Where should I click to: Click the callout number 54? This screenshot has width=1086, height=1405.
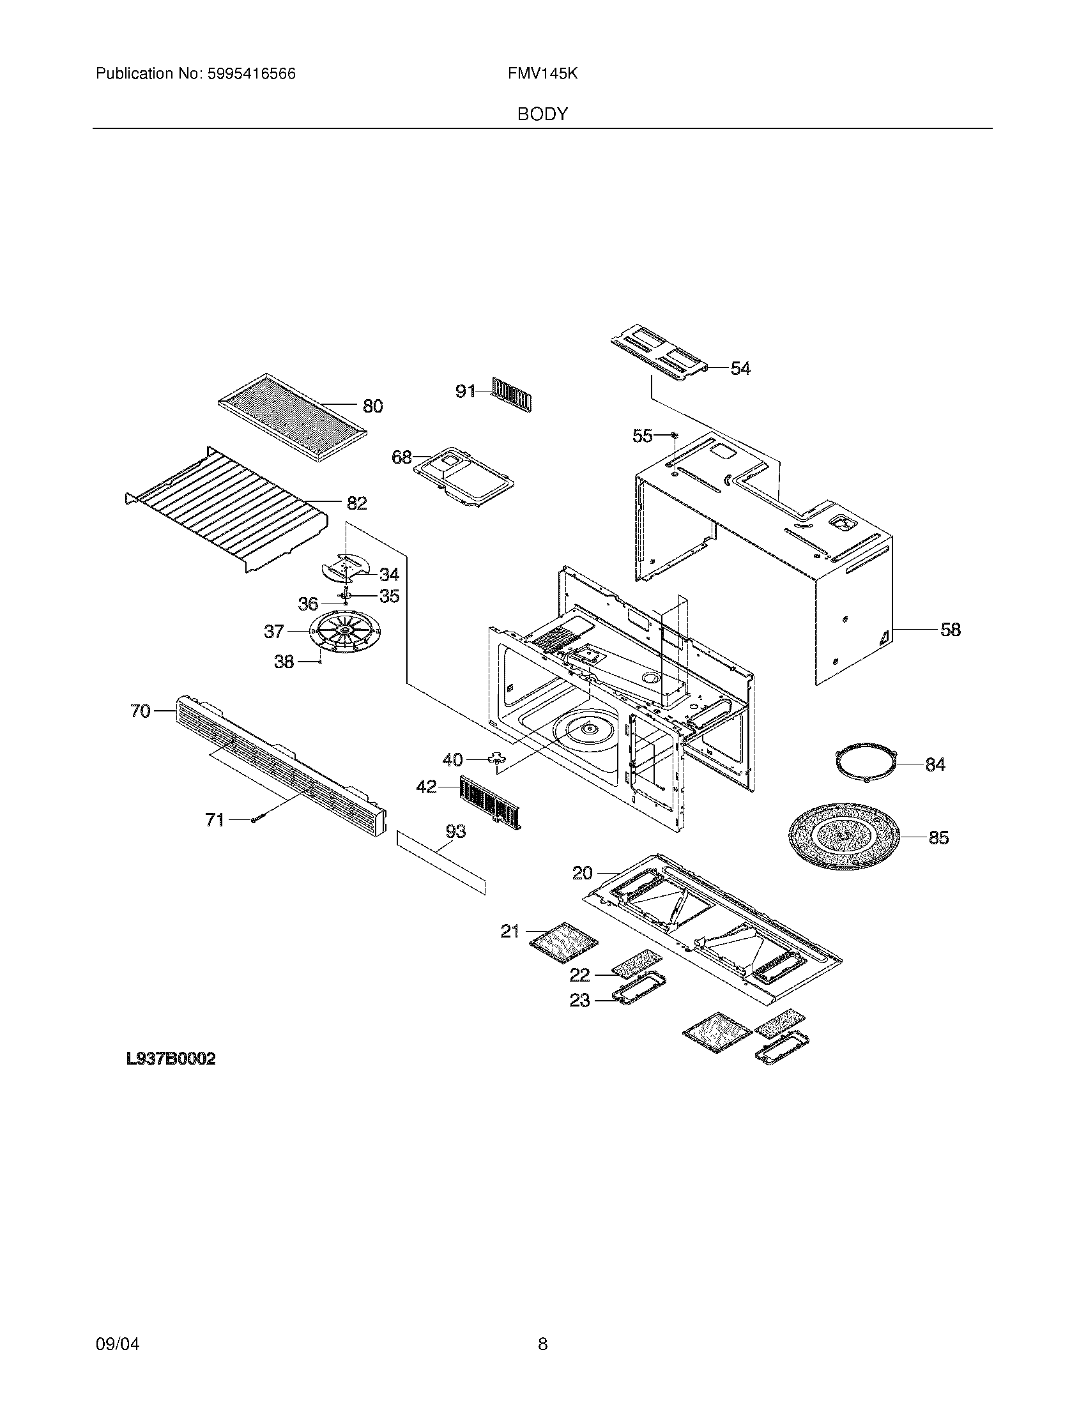pyautogui.click(x=740, y=368)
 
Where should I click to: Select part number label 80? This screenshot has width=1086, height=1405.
pyautogui.click(x=372, y=406)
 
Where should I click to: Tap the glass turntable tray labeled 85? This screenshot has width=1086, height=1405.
pyautogui.click(x=842, y=837)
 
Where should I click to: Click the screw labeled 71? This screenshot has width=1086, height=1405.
pyautogui.click(x=254, y=820)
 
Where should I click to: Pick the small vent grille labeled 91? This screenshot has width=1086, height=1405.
pyautogui.click(x=512, y=393)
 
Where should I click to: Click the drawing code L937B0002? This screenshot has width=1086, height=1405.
pyautogui.click(x=171, y=1059)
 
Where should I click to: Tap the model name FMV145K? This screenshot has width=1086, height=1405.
pyautogui.click(x=542, y=74)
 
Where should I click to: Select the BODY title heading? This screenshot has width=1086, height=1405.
pyautogui.click(x=542, y=114)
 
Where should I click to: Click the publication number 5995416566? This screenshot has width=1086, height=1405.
pyautogui.click(x=251, y=74)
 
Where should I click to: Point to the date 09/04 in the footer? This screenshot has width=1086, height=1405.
pyautogui.click(x=117, y=1326)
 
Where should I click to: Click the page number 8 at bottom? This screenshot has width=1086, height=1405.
pyautogui.click(x=542, y=1326)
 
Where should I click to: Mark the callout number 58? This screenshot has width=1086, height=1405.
pyautogui.click(x=951, y=629)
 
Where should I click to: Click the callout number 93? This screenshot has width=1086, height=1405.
pyautogui.click(x=455, y=832)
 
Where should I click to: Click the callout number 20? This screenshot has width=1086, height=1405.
pyautogui.click(x=581, y=873)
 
